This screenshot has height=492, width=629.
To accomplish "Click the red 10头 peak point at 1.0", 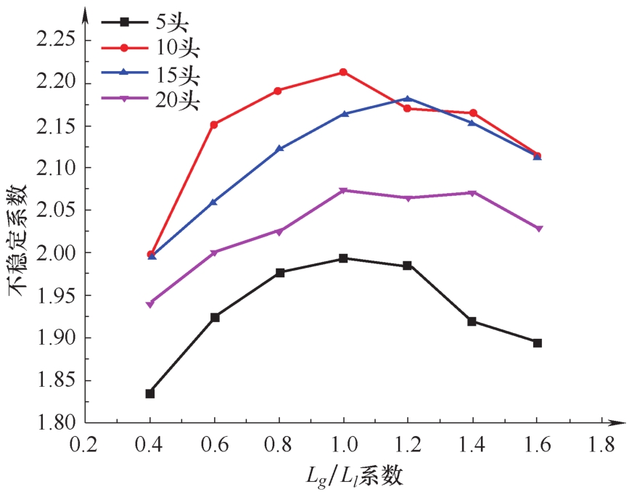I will pyautogui.click(x=343, y=72).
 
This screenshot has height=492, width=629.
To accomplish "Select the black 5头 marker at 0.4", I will pyautogui.click(x=150, y=393).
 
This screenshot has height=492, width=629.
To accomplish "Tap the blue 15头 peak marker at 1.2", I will pyautogui.click(x=408, y=99).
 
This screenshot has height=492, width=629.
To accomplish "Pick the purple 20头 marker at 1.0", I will pyautogui.click(x=343, y=191).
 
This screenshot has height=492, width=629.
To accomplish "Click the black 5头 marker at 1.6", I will pyautogui.click(x=537, y=343).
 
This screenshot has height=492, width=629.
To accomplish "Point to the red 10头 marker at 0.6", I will pyautogui.click(x=215, y=125).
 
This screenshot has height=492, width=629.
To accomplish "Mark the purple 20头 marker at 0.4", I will pyautogui.click(x=150, y=304).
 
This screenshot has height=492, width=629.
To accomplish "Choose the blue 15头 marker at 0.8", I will pyautogui.click(x=279, y=149).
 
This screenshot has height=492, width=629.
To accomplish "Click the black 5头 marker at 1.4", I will pyautogui.click(x=472, y=321).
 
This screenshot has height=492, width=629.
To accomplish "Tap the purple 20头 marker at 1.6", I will pyautogui.click(x=537, y=229).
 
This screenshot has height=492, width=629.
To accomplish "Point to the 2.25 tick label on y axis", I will pyautogui.click(x=55, y=39).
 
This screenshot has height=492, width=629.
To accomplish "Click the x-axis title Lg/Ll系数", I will pyautogui.click(x=354, y=475).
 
